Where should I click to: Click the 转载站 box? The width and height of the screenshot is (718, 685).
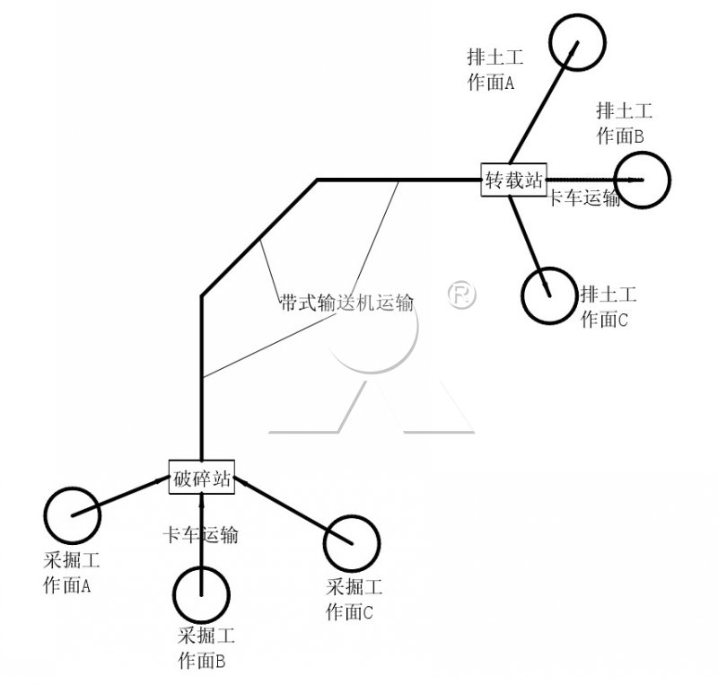point(514,179)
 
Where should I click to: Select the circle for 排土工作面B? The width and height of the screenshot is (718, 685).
point(643,180)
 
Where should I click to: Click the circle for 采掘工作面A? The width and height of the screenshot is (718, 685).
point(72,514)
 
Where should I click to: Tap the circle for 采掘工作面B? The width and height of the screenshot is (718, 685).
point(201,592)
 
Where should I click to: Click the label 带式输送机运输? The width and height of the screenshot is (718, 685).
point(346,303)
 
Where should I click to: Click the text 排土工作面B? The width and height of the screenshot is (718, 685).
point(623,123)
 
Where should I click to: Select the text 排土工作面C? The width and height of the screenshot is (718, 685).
point(609,305)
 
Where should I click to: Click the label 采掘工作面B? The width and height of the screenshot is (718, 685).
point(206,648)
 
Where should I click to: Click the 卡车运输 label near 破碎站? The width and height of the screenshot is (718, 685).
point(199,535)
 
